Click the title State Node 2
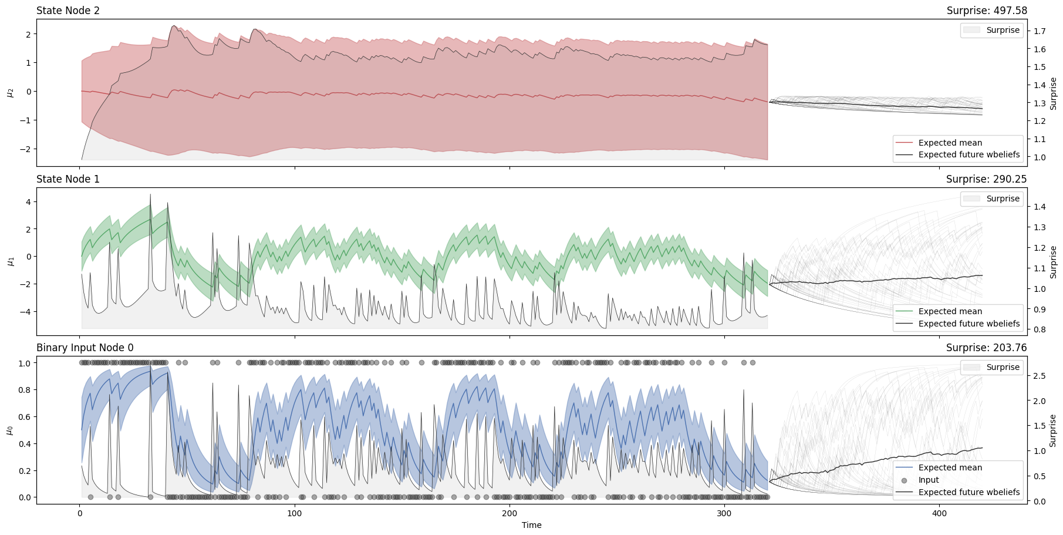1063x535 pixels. (68, 11)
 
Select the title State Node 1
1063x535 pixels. (68, 179)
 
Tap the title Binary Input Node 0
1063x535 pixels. (85, 348)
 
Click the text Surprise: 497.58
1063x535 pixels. (986, 11)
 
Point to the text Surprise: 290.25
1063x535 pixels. (986, 179)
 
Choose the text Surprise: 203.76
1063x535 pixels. (986, 348)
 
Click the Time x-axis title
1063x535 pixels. (531, 525)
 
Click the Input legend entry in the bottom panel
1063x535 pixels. (929, 480)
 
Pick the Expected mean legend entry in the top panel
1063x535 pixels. (950, 143)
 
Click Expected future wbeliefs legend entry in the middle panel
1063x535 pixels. (968, 324)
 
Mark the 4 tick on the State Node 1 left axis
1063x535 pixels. (26, 202)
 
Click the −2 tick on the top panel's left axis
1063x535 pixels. (24, 149)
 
